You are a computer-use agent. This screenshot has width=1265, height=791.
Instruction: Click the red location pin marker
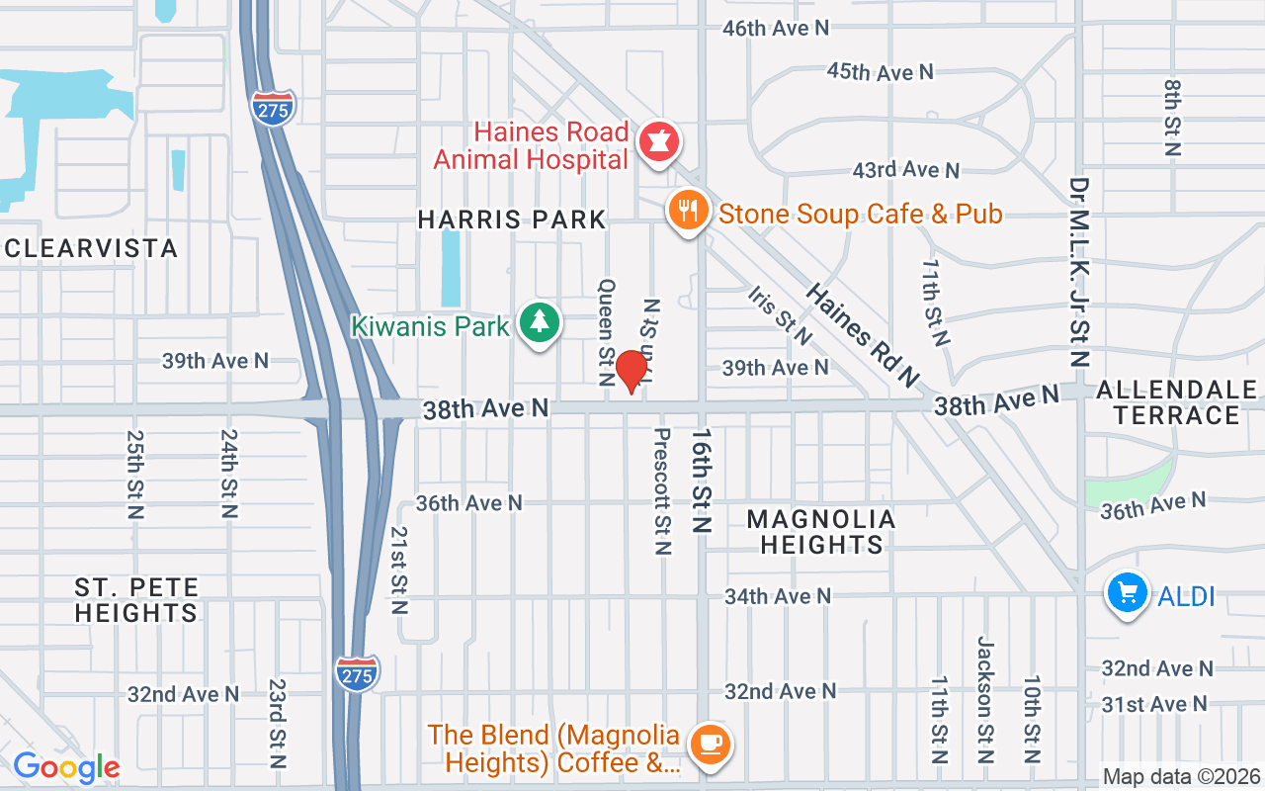point(631,373)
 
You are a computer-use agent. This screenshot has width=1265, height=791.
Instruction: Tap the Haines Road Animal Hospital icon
point(658,142)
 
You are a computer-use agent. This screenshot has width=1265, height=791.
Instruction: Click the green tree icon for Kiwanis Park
point(540,323)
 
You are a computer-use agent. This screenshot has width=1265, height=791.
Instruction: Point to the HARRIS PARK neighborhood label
point(511,220)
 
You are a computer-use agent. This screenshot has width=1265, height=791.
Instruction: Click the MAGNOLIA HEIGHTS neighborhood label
point(820,532)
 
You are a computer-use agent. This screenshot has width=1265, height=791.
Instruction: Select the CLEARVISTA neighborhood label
point(91,247)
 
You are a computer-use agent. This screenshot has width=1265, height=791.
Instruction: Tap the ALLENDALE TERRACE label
point(1176,402)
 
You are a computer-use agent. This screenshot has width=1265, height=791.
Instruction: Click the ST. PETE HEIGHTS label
point(136,600)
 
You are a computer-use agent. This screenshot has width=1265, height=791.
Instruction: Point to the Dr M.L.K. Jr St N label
point(1079,272)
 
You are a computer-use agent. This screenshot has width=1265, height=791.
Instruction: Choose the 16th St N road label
point(702,481)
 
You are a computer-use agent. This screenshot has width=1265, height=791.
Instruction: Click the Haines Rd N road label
point(862,335)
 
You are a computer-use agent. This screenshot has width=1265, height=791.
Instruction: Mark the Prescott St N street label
point(662,490)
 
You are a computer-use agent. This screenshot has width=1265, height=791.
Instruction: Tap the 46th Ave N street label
point(775,29)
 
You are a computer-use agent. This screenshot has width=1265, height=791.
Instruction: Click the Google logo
point(66,767)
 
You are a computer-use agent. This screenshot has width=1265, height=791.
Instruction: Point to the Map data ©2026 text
point(1180,777)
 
